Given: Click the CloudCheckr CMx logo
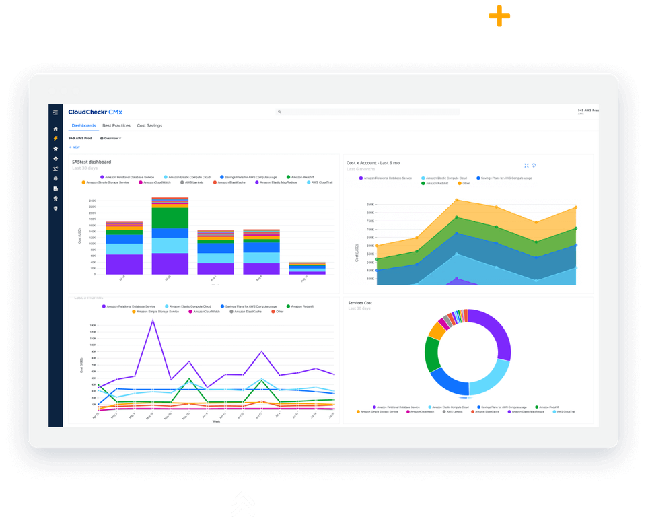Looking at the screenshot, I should pos(95,112).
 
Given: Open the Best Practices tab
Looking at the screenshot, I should pos(116,126).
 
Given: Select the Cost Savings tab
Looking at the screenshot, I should pos(149,126).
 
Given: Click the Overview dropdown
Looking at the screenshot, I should pos(110,138).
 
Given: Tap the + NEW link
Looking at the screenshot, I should pos(75,147).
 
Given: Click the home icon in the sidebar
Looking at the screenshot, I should pos(56,129).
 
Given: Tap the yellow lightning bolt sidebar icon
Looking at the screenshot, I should pos(56,139).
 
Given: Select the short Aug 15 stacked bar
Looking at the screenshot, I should pos(307,268).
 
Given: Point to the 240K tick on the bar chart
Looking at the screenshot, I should pos(92,201).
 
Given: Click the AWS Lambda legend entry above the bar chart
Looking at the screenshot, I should pos(196,182).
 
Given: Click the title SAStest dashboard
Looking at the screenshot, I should pos(92,162).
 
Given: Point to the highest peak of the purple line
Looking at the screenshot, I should pos(153,321).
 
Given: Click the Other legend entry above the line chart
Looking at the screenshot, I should pos(279,312).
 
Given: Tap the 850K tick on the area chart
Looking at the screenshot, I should pos(370,204).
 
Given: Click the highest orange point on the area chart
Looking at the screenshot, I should pos(456,199).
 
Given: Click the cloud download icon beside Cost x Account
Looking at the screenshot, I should pos(534,165).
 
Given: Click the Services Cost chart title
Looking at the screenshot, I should pos(360,303).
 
